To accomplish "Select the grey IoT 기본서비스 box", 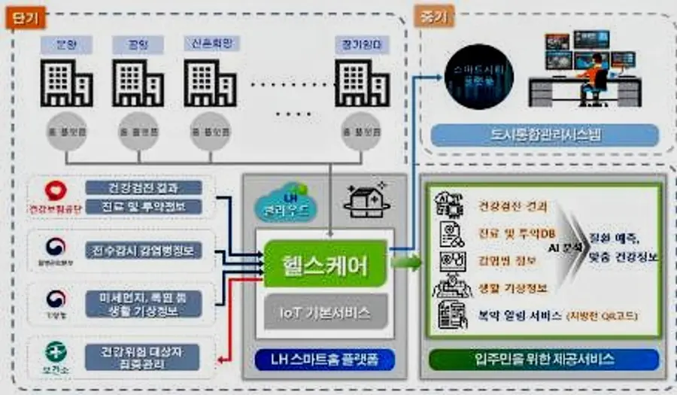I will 326,309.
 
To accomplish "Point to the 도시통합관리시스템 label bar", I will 545,135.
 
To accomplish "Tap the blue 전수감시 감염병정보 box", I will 144,250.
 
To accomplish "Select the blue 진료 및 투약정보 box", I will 144,207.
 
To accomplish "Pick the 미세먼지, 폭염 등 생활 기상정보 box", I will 142,303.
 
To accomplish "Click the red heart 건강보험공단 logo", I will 53,191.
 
